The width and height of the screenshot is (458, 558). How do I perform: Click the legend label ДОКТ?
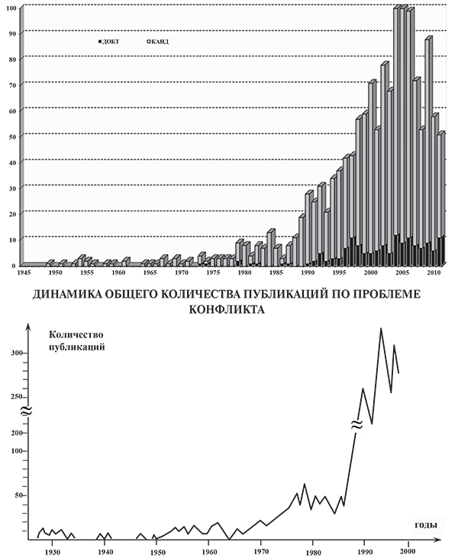click(x=111, y=41)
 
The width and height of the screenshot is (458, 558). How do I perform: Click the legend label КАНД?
click(x=160, y=41)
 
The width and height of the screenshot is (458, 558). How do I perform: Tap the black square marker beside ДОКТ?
click(x=100, y=41)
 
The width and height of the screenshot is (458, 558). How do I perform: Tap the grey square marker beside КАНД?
click(x=148, y=41)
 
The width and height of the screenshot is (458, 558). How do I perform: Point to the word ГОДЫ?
click(x=426, y=525)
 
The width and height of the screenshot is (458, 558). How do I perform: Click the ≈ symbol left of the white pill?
click(x=24, y=412)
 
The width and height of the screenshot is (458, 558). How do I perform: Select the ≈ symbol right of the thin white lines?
click(x=356, y=422)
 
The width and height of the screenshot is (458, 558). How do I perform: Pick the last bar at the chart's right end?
click(x=441, y=191)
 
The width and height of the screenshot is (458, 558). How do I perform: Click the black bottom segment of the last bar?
click(x=441, y=250)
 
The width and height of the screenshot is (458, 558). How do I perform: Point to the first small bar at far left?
click(x=50, y=263)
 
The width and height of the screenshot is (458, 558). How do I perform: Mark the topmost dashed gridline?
click(x=229, y=31)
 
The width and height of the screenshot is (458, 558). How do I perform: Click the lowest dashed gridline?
click(x=153, y=238)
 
